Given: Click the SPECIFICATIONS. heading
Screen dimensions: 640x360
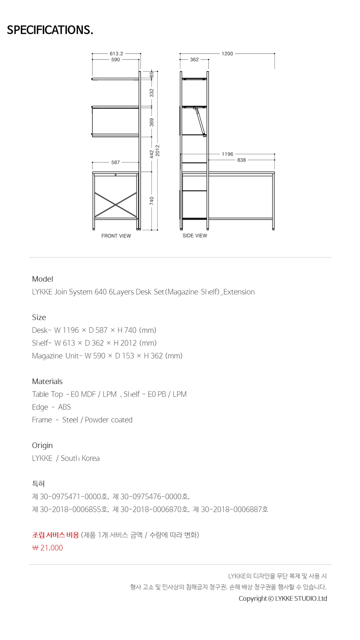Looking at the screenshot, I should point(50,30).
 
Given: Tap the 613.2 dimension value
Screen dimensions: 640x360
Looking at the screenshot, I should point(116,54).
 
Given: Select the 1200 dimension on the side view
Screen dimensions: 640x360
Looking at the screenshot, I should point(227,54).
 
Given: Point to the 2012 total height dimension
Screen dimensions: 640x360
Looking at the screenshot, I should point(157,151).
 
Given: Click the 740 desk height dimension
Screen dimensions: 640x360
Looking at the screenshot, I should point(152,201).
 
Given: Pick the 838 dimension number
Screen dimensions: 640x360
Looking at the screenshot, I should point(242,160).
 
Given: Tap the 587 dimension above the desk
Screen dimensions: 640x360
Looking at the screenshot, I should point(116,162).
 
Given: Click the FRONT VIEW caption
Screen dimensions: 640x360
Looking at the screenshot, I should point(116,236).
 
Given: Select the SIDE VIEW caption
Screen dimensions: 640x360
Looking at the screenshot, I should point(195,236).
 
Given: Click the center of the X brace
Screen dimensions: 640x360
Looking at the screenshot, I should point(116,205).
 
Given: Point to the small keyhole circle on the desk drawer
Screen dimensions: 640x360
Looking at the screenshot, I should point(116,175).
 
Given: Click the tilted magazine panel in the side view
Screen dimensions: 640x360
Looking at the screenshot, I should point(200,121).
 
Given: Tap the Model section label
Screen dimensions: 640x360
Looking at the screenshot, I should point(42,279).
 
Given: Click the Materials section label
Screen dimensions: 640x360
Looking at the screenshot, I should point(47,381).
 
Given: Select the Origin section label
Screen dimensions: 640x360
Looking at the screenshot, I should point(42,446).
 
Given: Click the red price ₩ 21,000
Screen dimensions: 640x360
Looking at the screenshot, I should point(48,548).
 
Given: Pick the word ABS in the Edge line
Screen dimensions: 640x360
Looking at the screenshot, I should point(64,407).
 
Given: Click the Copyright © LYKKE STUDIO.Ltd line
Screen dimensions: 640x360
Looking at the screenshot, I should point(283,599).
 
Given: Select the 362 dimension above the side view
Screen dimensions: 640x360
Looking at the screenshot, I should point(194,60).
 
